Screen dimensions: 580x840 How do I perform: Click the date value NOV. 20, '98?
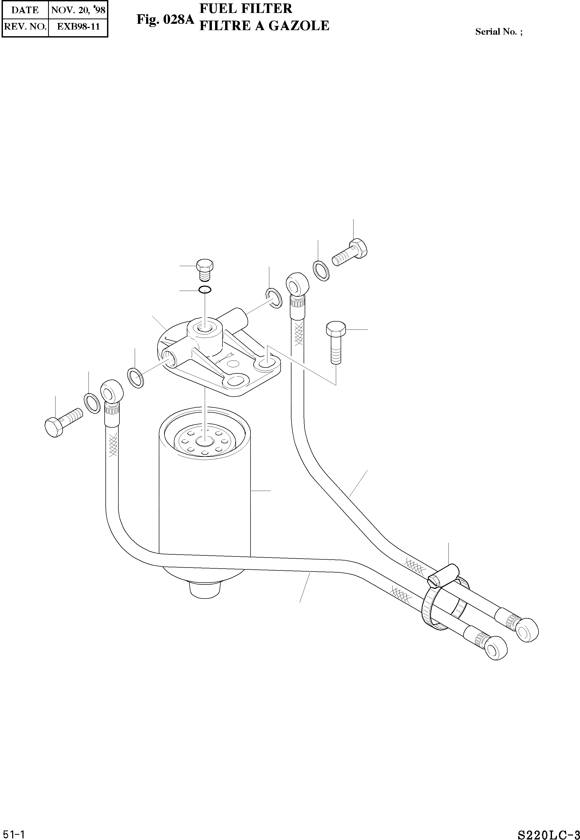[78, 10]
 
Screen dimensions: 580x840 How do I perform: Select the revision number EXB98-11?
[78, 26]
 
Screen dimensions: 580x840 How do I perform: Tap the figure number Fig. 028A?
[166, 19]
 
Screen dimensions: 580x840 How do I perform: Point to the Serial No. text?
[499, 32]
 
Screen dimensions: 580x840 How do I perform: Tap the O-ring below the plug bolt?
[205, 290]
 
